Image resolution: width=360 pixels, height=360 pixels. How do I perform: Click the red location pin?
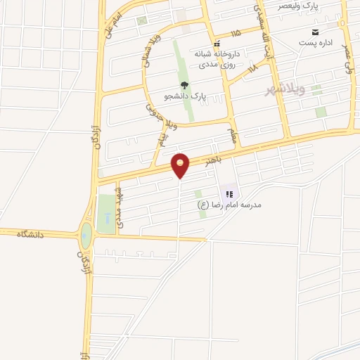click(x=181, y=165)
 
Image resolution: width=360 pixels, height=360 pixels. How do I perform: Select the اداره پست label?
click(x=313, y=43)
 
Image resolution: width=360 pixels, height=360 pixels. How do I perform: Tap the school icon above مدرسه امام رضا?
click(x=229, y=193)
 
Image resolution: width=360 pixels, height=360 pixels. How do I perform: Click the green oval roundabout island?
click(x=86, y=236)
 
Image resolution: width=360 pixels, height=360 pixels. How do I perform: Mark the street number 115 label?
click(x=234, y=32)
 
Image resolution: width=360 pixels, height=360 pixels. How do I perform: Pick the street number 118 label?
click(x=254, y=67)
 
